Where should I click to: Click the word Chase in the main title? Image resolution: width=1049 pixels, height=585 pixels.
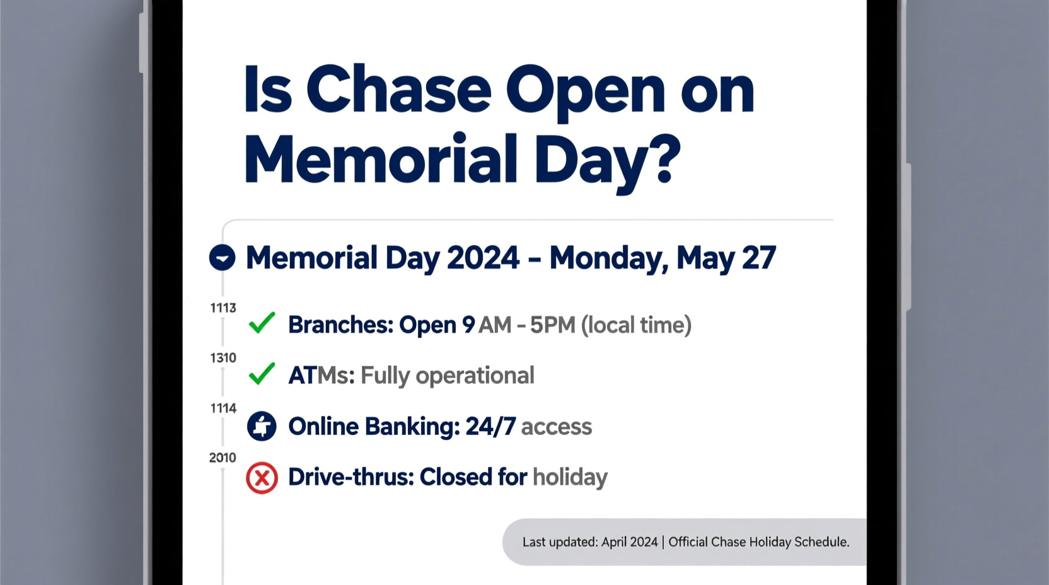[x=398, y=90]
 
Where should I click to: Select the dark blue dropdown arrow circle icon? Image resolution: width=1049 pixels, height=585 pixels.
[x=222, y=258]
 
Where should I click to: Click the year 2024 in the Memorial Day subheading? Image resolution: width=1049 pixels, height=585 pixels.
[x=483, y=258]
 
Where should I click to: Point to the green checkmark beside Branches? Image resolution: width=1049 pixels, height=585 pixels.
[x=262, y=323]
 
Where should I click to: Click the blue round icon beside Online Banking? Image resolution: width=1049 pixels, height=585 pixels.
[x=262, y=426]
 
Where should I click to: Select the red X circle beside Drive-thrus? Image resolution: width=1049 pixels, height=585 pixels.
[x=262, y=477]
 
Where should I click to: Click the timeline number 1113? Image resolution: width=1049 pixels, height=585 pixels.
[x=223, y=308]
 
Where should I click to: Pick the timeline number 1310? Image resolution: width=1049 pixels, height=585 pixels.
[x=223, y=358]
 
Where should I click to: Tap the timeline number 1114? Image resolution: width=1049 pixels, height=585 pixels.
[x=223, y=408]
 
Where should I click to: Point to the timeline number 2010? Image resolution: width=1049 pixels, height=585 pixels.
[x=223, y=458]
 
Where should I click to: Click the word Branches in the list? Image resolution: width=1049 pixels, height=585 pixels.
[x=340, y=325]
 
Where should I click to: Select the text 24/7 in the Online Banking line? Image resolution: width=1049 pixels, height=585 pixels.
[x=490, y=427]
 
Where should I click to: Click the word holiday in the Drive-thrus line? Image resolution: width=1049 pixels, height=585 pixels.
[x=570, y=477]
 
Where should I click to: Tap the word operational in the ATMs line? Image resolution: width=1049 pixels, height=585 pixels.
[x=475, y=376]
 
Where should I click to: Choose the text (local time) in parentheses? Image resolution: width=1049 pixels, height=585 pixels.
[x=636, y=325]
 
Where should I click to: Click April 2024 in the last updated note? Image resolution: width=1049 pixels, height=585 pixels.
[x=629, y=542]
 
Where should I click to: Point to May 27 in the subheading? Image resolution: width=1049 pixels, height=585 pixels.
[x=726, y=258]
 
